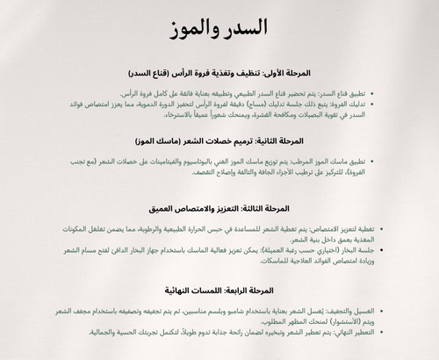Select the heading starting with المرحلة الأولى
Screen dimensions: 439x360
219,74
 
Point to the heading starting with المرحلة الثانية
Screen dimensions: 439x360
219,141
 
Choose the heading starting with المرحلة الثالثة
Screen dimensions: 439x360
219,208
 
